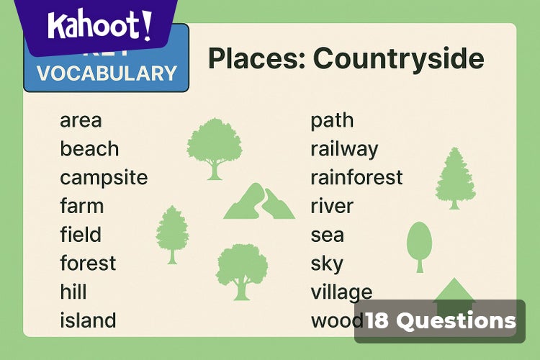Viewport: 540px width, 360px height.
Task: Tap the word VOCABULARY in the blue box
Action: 107,73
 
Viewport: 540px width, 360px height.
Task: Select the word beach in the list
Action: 89,149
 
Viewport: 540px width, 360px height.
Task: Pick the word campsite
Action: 104,178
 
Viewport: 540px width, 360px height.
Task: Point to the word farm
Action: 81,207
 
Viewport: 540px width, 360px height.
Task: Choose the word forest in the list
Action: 88,264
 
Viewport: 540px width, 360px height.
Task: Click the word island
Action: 88,320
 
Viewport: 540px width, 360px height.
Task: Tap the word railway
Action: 344,149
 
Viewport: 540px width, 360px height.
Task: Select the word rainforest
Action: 356,177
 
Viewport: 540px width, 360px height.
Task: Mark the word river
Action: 332,207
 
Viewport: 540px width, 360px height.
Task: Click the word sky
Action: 327,264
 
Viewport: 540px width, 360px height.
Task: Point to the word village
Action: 341,292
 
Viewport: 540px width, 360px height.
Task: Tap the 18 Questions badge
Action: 440,321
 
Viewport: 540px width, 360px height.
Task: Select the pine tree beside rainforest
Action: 455,178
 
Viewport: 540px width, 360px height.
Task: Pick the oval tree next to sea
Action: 419,244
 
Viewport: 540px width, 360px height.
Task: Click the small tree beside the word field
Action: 172,234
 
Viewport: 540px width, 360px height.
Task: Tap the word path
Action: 332,120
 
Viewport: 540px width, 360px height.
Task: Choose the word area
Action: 81,120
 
